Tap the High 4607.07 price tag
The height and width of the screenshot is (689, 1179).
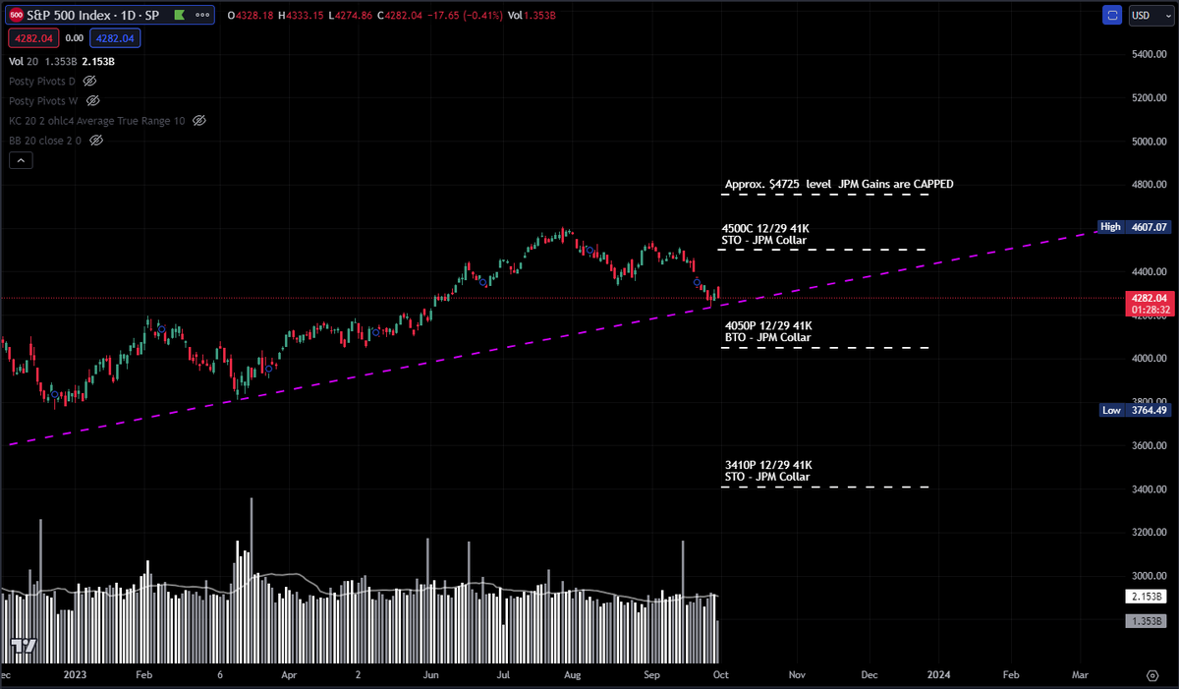(1134, 227)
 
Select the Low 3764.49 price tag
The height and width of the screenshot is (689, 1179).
(1134, 411)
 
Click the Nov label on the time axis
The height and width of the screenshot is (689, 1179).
(796, 676)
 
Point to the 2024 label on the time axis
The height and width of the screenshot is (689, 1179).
(938, 676)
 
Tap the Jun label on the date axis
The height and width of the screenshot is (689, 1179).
(430, 676)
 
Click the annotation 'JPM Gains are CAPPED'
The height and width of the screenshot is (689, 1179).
(839, 184)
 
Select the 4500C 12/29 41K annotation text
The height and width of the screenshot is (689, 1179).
(766, 228)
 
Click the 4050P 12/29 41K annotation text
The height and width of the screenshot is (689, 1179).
(768, 325)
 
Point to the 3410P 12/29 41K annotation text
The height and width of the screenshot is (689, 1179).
(768, 465)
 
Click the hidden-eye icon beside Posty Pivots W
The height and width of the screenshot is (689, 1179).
(93, 100)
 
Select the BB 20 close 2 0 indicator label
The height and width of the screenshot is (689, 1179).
(46, 141)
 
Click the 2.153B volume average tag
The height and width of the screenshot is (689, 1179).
(1146, 597)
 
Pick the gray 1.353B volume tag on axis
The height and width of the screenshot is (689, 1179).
(1146, 621)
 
